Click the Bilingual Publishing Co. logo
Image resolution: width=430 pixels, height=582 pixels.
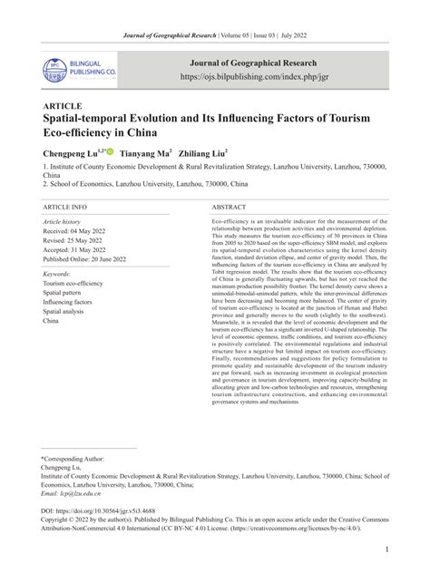point(77,70)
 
